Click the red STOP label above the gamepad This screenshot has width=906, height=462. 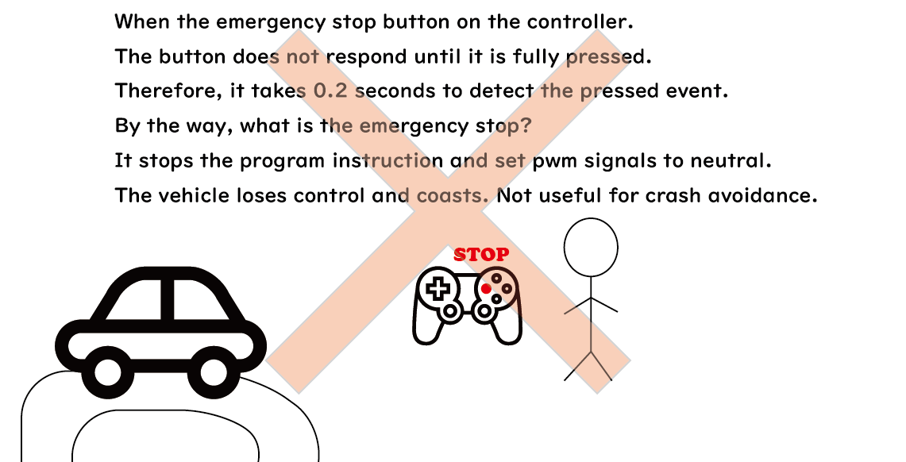[481, 254]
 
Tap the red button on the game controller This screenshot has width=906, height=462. [487, 289]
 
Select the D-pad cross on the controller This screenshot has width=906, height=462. [438, 287]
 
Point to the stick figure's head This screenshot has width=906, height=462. [591, 248]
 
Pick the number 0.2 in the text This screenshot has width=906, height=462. [330, 91]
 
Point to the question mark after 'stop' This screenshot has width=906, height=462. [525, 126]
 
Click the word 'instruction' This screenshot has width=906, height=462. [387, 160]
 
